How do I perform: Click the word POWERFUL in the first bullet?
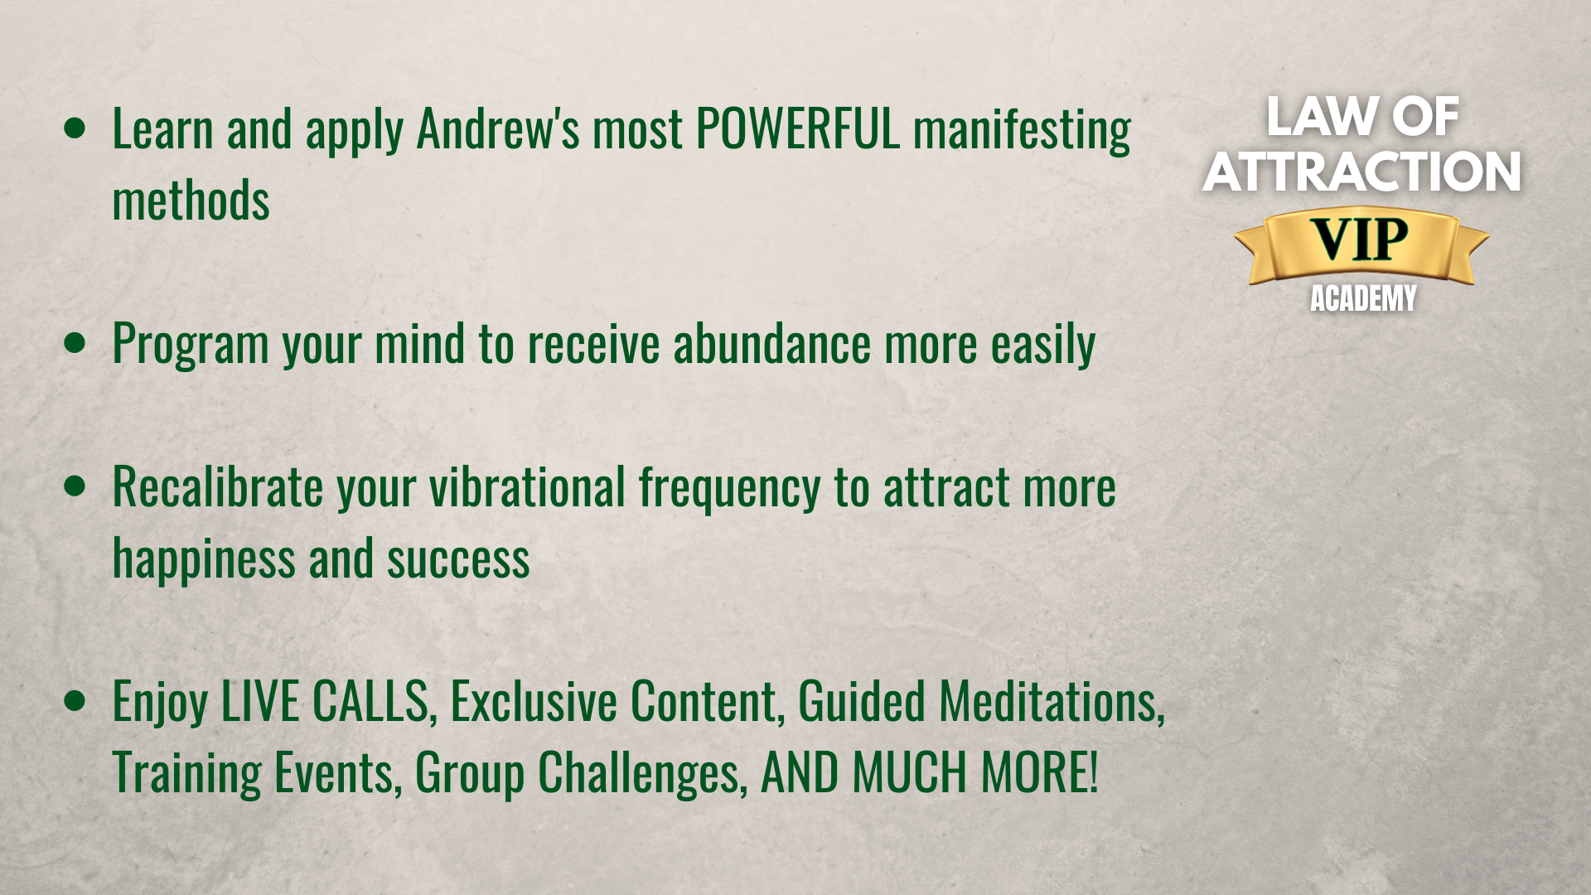(x=797, y=129)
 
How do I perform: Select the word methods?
(x=191, y=201)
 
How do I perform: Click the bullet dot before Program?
(x=75, y=343)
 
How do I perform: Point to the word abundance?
(x=772, y=344)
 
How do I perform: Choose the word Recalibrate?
(x=218, y=486)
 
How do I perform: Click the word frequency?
(x=729, y=489)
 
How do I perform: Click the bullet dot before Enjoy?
(x=75, y=700)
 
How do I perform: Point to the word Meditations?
(x=1052, y=701)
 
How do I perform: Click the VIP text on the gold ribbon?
(x=1361, y=240)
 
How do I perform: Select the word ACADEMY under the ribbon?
(x=1363, y=298)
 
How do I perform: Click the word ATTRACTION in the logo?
(x=1361, y=172)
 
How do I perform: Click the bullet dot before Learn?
(x=75, y=128)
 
